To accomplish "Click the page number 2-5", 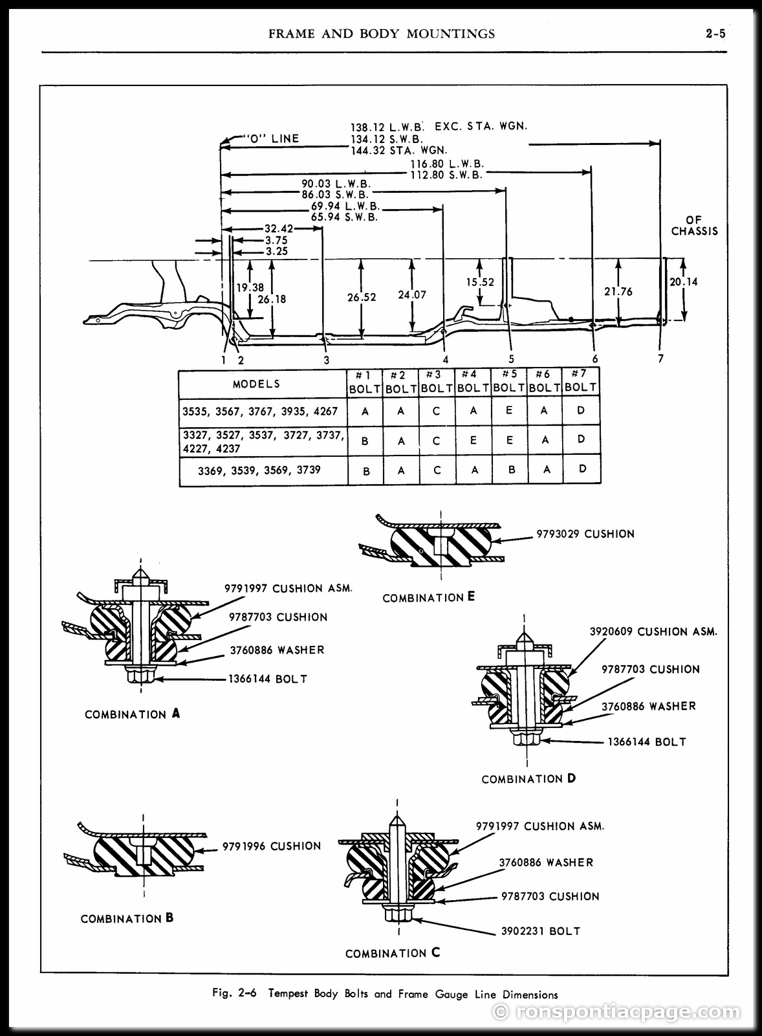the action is [x=716, y=33].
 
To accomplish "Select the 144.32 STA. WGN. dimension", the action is [x=399, y=150].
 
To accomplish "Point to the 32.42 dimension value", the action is [x=279, y=228].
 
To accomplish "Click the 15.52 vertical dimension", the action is [x=480, y=281].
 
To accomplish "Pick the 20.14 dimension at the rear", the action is [x=683, y=281].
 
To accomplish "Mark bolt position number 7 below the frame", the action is [x=660, y=358].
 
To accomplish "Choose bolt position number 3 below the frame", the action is [x=327, y=360].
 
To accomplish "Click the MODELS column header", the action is [x=257, y=384].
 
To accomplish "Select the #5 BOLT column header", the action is [x=509, y=381].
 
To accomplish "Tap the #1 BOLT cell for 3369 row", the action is [x=365, y=471].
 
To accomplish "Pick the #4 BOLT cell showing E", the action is [x=474, y=441].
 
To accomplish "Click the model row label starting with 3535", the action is [x=260, y=411].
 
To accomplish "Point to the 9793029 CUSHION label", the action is [x=585, y=534].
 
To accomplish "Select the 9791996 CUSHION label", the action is [x=272, y=846].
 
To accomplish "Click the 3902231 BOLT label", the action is [x=541, y=931].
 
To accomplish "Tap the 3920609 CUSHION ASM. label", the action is [x=653, y=632].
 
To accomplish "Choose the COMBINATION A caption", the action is [x=132, y=714].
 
